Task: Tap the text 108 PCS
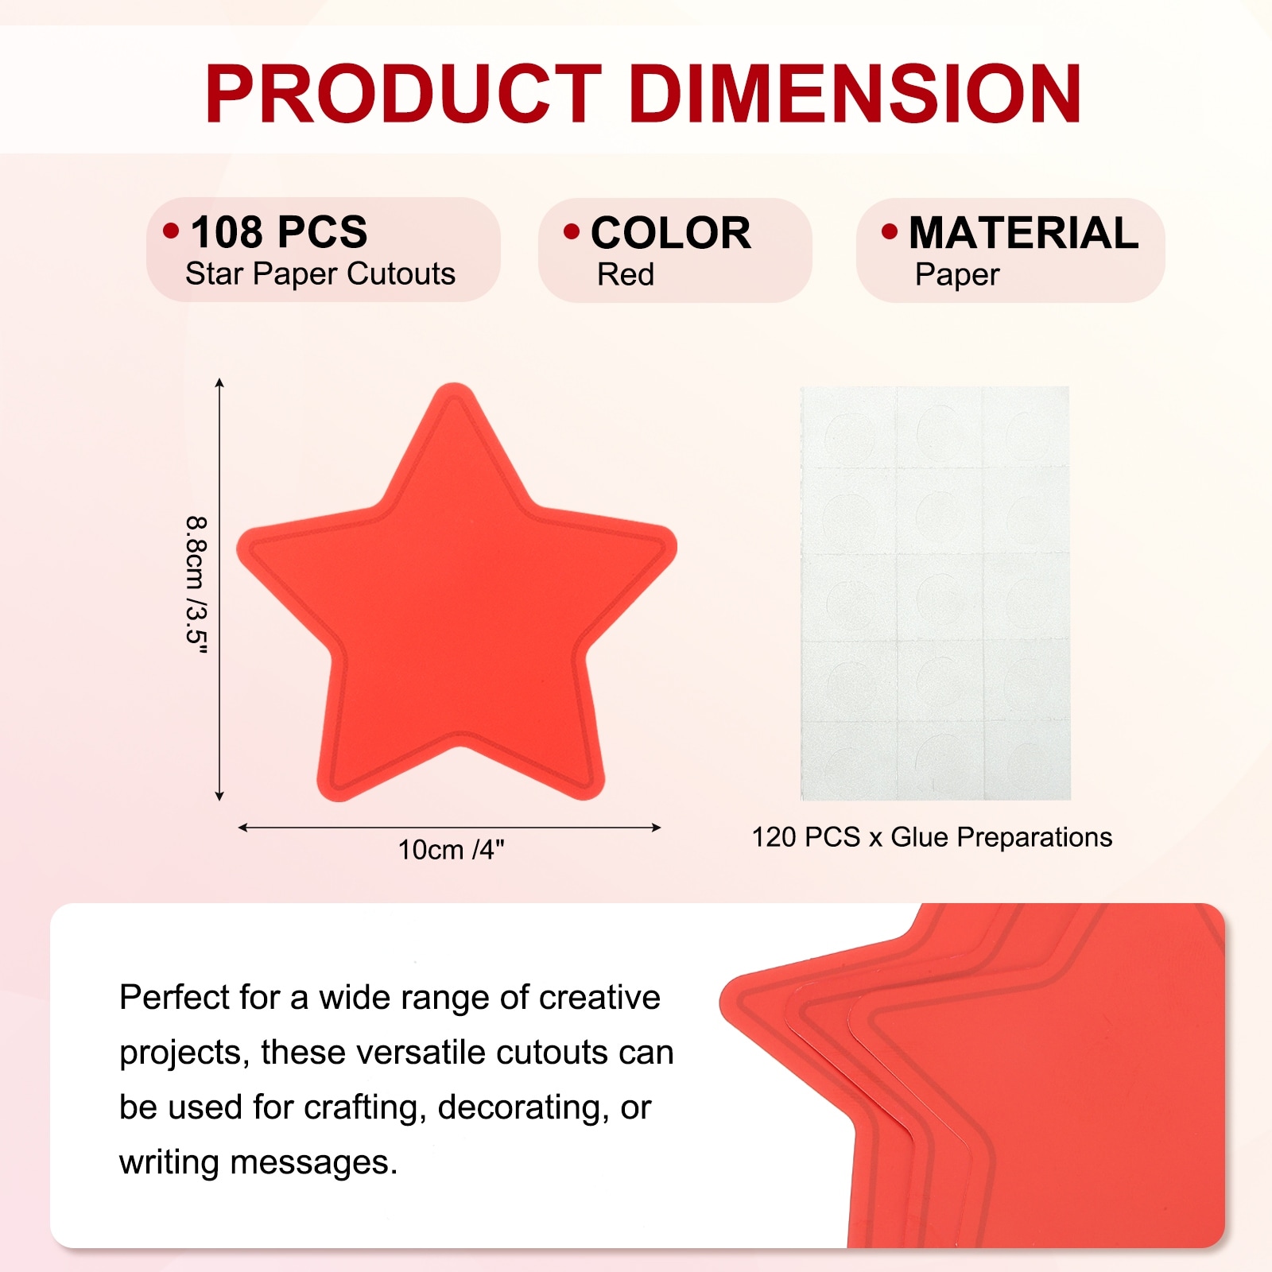(x=279, y=232)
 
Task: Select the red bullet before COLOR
(x=572, y=231)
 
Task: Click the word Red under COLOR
(x=626, y=274)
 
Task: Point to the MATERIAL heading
(x=1024, y=232)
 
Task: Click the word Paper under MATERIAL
(x=957, y=275)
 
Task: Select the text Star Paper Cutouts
(x=320, y=274)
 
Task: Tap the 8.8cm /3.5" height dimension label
(x=196, y=586)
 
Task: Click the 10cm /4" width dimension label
(x=452, y=850)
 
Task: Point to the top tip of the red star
(x=454, y=385)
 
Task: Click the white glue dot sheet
(x=936, y=593)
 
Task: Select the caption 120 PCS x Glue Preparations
(x=932, y=837)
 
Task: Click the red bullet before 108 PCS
(x=171, y=231)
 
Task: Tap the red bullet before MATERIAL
(x=890, y=231)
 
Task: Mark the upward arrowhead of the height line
(x=219, y=382)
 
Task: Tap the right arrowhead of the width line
(x=657, y=828)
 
